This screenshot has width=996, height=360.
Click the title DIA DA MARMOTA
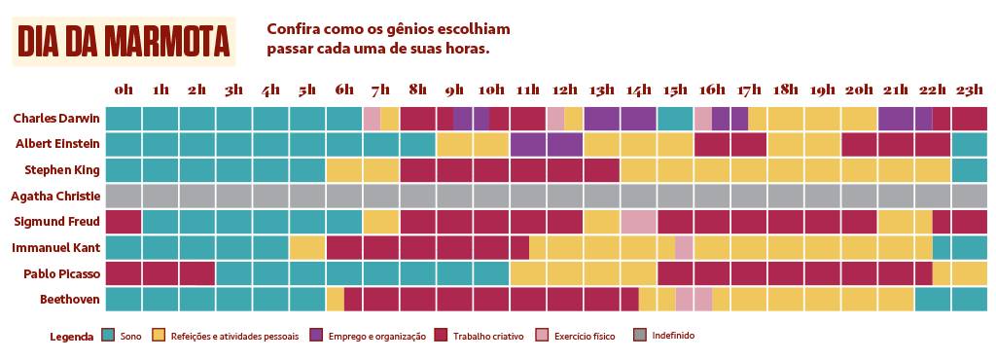(124, 42)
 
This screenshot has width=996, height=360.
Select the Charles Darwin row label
(56, 119)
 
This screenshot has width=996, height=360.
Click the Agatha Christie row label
(55, 197)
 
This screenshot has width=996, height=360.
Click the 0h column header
(124, 90)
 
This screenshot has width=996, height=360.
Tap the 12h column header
(564, 90)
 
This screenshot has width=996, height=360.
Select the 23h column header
(969, 90)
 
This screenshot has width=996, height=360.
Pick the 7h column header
(380, 90)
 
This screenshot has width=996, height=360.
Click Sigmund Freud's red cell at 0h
(124, 222)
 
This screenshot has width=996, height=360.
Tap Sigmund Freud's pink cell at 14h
(638, 222)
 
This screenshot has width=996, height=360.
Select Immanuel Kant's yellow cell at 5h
(307, 247)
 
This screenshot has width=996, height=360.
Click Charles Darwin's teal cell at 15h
(675, 119)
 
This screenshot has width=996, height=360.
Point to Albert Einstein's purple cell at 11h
(527, 144)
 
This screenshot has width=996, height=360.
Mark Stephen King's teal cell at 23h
(969, 169)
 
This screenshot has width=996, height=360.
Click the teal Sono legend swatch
(108, 336)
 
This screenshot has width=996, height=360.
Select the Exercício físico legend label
(584, 337)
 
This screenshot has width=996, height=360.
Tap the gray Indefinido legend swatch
(639, 336)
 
